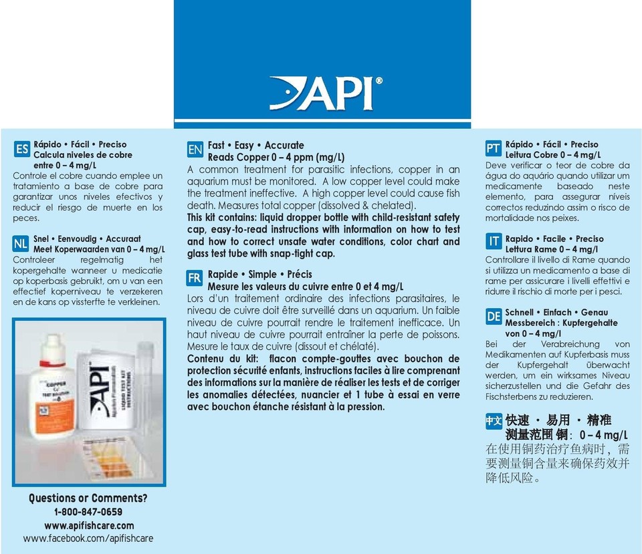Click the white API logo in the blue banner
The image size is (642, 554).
(x=326, y=93)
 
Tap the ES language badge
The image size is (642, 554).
(x=22, y=149)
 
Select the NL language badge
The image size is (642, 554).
(x=22, y=245)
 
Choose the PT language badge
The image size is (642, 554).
(x=493, y=149)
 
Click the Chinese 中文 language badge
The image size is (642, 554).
(x=493, y=421)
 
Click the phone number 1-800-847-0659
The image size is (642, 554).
(x=88, y=512)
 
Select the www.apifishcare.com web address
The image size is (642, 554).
(x=89, y=525)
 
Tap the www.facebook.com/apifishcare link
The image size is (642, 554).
(x=88, y=538)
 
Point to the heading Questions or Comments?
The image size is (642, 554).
(x=88, y=498)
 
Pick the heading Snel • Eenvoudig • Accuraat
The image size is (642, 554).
(x=87, y=238)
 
